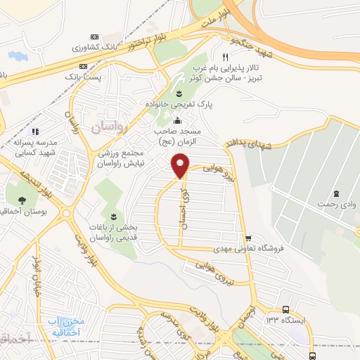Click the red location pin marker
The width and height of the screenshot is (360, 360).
pos(181,166)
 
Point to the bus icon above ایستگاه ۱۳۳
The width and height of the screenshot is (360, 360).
pos(285,309)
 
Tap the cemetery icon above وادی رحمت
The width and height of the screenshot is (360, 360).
pos(336,193)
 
